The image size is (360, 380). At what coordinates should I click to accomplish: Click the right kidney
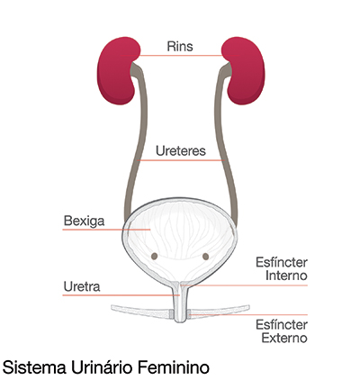(245, 72)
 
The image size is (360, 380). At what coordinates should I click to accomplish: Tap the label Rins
(180, 47)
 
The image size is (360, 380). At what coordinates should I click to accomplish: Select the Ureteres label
(181, 150)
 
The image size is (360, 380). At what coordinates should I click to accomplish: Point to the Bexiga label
(84, 221)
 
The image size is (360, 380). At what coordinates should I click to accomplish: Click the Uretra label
(82, 286)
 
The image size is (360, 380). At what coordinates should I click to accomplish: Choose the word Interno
(286, 276)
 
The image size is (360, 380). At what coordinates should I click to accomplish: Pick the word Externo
(284, 338)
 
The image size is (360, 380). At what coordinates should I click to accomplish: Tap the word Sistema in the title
(34, 367)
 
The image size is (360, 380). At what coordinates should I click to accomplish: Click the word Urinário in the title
(103, 367)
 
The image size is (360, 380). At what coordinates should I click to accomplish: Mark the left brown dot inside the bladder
(154, 256)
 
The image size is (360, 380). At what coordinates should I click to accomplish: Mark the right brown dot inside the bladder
(205, 257)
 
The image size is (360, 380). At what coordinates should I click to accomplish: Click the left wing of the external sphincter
(141, 312)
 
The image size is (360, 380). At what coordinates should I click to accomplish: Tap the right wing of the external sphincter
(219, 312)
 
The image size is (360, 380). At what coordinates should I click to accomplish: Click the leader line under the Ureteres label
(181, 160)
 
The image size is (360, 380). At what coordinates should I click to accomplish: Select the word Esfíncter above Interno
(282, 263)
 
